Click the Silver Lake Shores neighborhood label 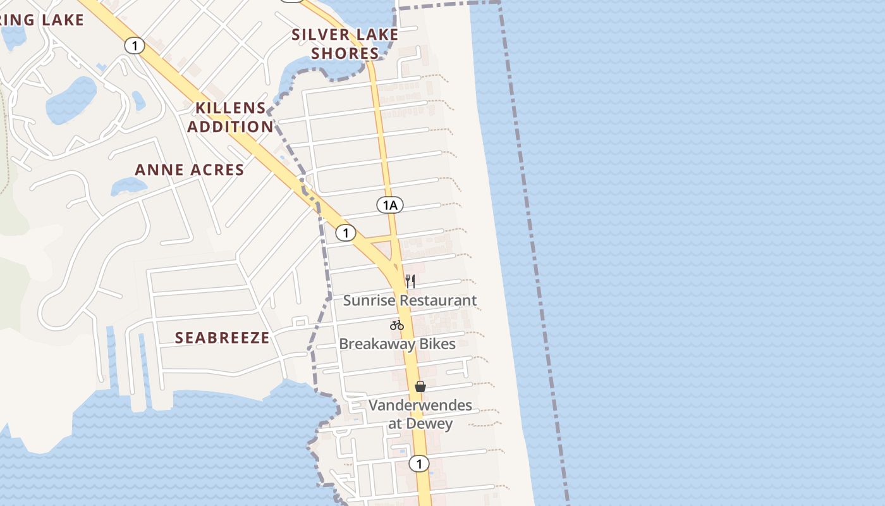[345, 44]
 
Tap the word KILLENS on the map [231, 108]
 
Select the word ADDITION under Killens [231, 126]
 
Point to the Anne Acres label [190, 170]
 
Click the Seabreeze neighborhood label [223, 338]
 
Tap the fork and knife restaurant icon [410, 281]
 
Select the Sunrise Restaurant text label [410, 300]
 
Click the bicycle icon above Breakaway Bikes [397, 326]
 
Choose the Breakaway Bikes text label [398, 344]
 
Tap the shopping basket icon [420, 386]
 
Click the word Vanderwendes [420, 405]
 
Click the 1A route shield [389, 205]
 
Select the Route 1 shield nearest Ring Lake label [134, 46]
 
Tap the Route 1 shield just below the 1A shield [345, 233]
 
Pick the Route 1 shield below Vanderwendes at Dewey [418, 464]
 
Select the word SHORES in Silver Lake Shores [345, 53]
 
